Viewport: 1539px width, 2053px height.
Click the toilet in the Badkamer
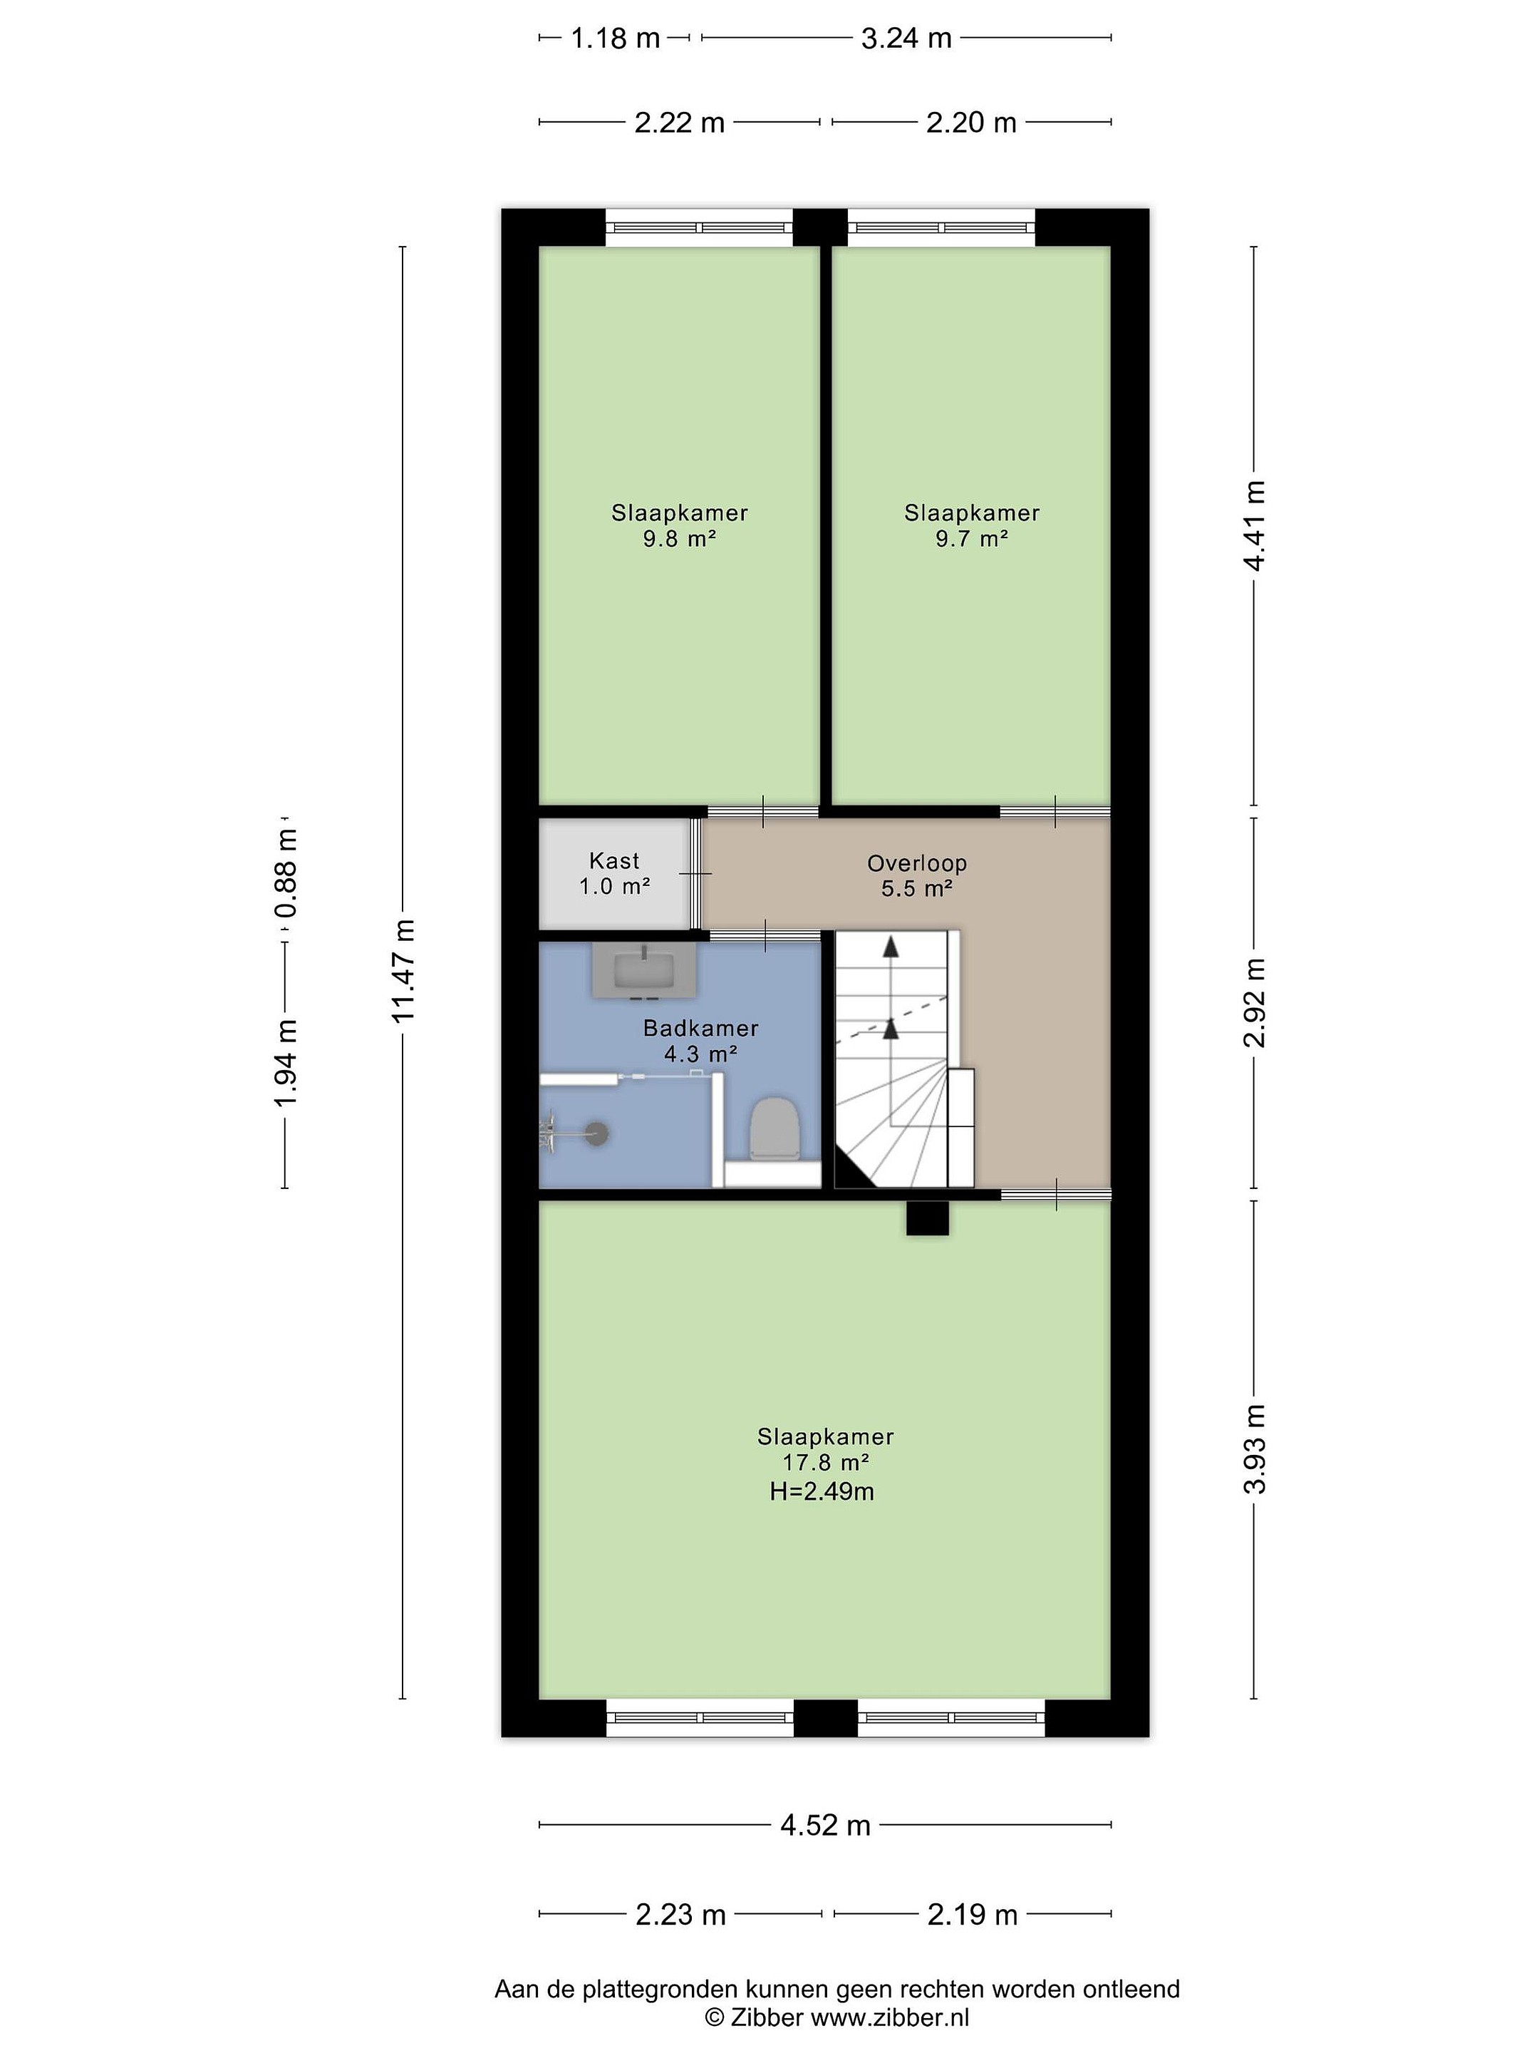click(x=774, y=1128)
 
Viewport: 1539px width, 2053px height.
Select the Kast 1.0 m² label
click(x=614, y=873)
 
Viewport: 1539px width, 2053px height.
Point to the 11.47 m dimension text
click(x=403, y=970)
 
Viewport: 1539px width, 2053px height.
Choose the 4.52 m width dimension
click(x=824, y=1826)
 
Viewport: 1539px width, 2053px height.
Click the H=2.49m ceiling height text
click(x=822, y=1491)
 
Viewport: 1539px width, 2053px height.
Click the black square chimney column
click(x=928, y=1217)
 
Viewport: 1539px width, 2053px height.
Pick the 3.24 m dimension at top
click(x=906, y=38)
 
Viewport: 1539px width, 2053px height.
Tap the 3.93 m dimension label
click(x=1254, y=1449)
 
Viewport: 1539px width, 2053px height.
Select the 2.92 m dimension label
click(x=1254, y=1002)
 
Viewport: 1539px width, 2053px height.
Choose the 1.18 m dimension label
click(x=615, y=38)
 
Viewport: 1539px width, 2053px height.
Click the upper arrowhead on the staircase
click(x=891, y=947)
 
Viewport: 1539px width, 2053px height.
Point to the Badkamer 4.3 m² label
click(x=700, y=1041)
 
